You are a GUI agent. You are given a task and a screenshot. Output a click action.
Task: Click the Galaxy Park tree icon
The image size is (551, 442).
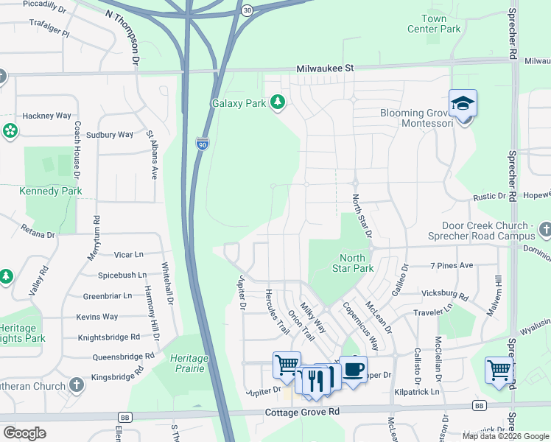click(278, 102)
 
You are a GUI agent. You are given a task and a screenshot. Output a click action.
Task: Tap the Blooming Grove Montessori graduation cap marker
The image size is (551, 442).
click(463, 102)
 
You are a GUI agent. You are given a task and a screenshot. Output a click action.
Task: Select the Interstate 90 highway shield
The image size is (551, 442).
click(203, 144)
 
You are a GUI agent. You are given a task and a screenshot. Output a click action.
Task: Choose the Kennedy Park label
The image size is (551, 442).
click(50, 192)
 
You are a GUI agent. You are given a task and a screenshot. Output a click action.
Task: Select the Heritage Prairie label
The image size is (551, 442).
click(189, 363)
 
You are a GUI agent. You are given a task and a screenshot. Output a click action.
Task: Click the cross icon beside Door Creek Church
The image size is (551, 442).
click(544, 231)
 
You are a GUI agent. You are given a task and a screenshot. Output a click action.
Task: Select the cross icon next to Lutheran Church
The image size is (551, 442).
click(77, 385)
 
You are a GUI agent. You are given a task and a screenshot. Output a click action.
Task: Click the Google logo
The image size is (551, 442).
click(24, 433)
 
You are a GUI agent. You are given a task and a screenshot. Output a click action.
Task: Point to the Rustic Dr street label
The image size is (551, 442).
click(490, 197)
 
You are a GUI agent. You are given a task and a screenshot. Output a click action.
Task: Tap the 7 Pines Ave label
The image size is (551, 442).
click(451, 265)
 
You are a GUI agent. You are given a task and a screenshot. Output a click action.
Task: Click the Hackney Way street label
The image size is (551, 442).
click(46, 116)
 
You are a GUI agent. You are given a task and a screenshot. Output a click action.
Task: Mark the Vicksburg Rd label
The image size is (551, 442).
click(444, 295)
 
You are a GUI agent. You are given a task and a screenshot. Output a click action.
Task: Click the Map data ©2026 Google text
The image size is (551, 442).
click(505, 436)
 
